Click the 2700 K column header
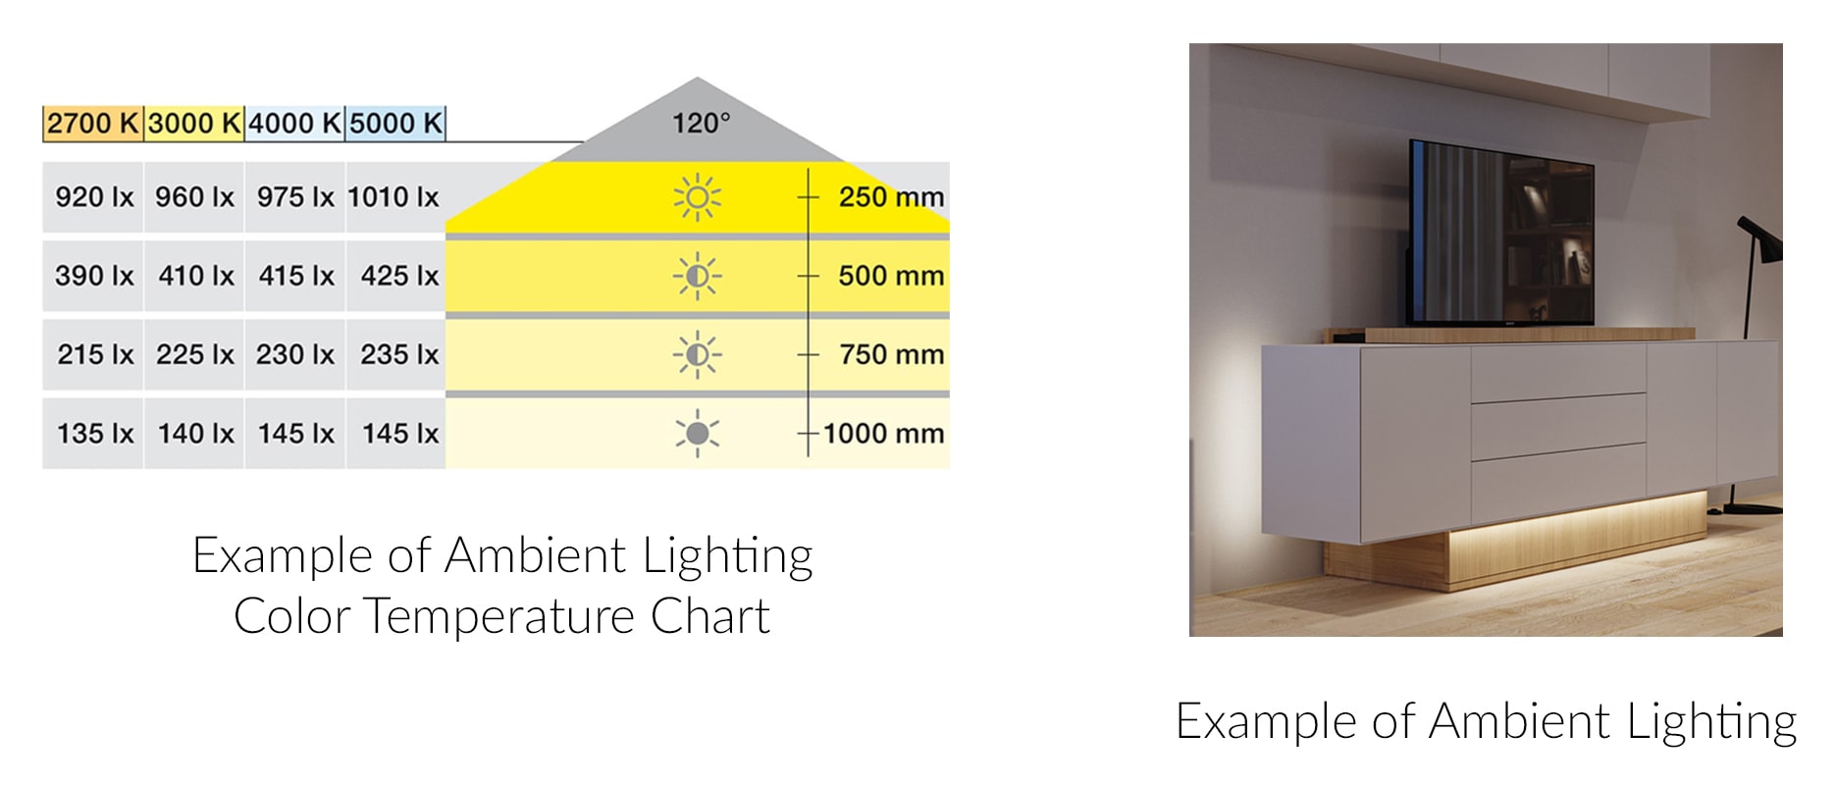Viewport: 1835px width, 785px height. click(93, 124)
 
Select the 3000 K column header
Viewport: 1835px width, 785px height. click(194, 124)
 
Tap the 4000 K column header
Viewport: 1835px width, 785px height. click(294, 124)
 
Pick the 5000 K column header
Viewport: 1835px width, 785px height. click(395, 124)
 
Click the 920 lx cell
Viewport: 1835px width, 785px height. click(93, 197)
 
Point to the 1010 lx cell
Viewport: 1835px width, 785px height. click(394, 197)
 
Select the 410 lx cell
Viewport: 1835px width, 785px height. click(195, 276)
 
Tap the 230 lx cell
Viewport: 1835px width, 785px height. click(295, 354)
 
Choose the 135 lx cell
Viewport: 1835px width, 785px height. click(93, 433)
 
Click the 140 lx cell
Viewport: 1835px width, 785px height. click(195, 433)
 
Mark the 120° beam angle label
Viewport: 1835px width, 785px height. click(701, 124)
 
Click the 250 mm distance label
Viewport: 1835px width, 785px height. click(891, 197)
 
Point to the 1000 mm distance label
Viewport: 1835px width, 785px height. click(883, 433)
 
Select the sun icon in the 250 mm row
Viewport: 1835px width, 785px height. click(697, 197)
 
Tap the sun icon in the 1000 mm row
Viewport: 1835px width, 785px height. click(697, 433)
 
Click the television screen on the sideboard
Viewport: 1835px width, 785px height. click(1501, 233)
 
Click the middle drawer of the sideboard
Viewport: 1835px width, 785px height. click(1557, 419)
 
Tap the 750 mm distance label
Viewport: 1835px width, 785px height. click(891, 354)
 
